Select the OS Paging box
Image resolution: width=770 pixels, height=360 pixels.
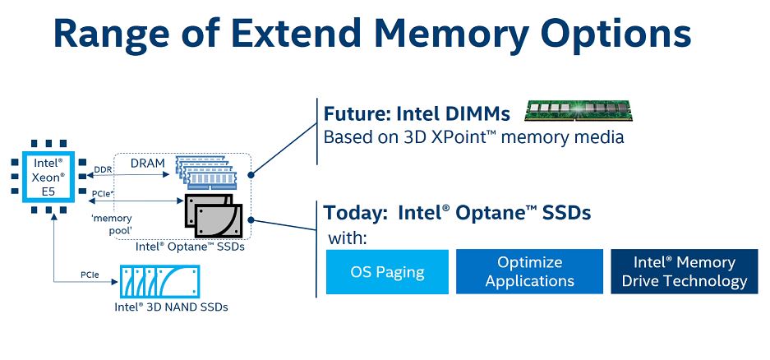(387, 272)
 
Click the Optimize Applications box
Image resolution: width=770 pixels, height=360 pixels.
(529, 272)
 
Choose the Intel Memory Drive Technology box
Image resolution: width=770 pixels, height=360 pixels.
(684, 272)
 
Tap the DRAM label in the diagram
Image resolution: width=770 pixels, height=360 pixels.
(148, 163)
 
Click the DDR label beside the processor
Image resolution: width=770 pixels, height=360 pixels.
(103, 169)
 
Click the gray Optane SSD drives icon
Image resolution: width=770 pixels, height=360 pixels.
(214, 215)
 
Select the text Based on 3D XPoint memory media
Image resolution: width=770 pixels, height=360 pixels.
(473, 136)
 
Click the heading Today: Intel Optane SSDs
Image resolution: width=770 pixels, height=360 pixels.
(457, 213)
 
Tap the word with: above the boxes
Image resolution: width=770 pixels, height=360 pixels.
(348, 238)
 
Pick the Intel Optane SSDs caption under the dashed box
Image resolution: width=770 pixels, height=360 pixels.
(189, 246)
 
